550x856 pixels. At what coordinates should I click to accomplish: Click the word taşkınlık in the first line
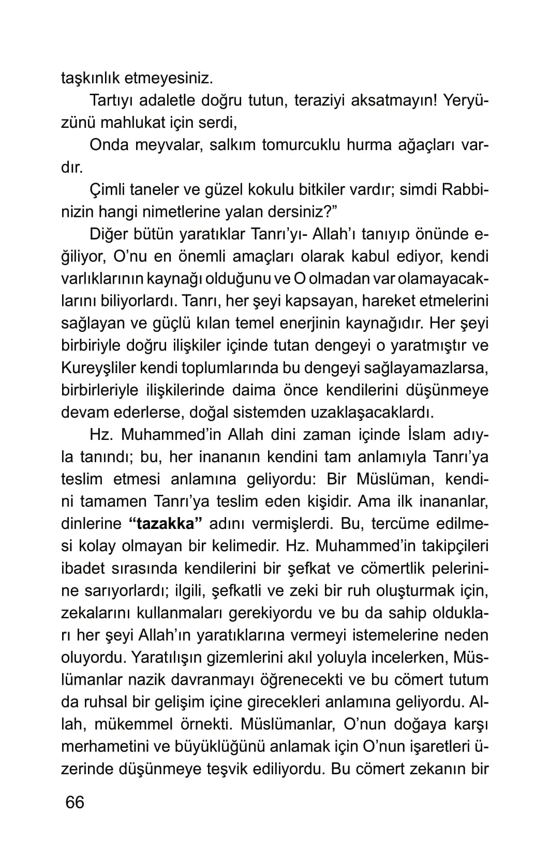[90, 78]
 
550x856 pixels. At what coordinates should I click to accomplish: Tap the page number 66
[75, 803]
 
